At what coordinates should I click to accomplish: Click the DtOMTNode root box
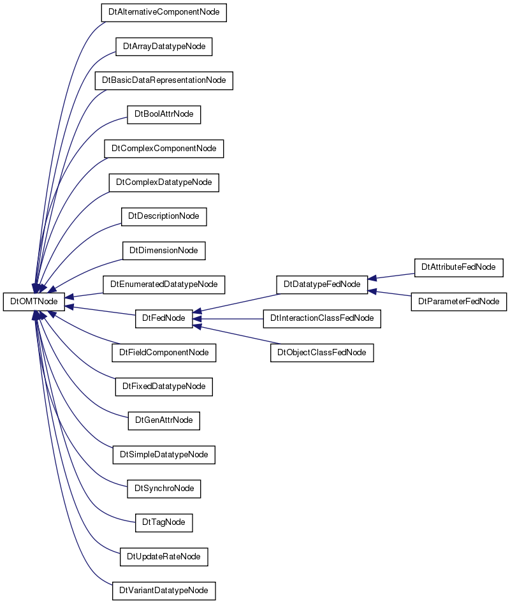tap(34, 301)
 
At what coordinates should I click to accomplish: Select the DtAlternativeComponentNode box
tap(164, 12)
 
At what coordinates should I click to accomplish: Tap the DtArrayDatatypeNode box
tap(164, 47)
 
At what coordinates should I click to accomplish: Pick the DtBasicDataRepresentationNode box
tap(164, 80)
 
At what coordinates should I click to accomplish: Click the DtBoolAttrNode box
tap(164, 114)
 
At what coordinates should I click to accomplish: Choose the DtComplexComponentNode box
tap(164, 149)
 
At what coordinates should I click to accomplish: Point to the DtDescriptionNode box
tap(164, 216)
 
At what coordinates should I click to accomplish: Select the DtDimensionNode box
tap(164, 251)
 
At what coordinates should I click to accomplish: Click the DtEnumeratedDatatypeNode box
tap(164, 284)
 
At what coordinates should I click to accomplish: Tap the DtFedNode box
tap(164, 318)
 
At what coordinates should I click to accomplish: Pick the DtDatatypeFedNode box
tap(322, 284)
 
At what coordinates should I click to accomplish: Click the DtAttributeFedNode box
tap(459, 268)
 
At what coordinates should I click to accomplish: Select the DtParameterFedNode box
tap(459, 302)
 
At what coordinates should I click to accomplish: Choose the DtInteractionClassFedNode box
tap(322, 318)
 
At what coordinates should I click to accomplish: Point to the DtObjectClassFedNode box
tap(322, 353)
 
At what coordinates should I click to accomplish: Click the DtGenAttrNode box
tap(164, 421)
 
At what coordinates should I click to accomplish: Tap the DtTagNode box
tap(164, 523)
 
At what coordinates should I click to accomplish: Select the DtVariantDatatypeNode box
tap(164, 591)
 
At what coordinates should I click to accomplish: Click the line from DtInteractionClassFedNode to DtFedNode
tap(228, 319)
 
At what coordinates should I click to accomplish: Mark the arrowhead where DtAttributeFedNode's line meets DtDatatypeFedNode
tap(372, 278)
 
